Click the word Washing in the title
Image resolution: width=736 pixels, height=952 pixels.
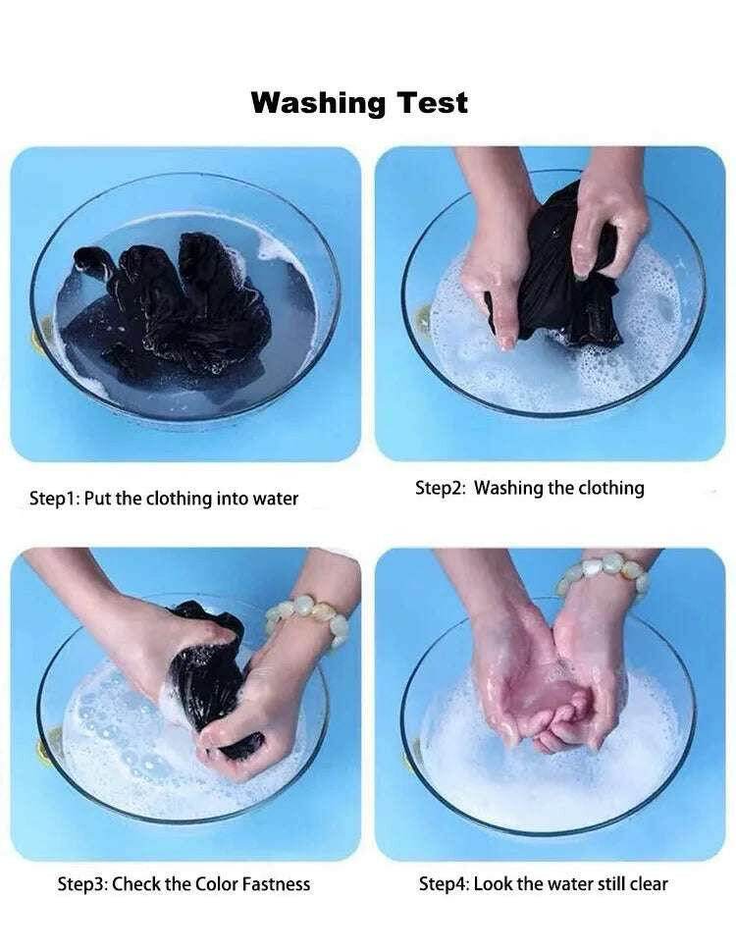[x=318, y=103]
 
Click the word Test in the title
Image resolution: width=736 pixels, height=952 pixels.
[x=433, y=102]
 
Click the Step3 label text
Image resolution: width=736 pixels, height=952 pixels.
[x=82, y=883]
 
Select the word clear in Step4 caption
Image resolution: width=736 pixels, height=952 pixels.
[x=649, y=883]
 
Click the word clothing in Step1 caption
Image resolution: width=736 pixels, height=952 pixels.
[x=179, y=500]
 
